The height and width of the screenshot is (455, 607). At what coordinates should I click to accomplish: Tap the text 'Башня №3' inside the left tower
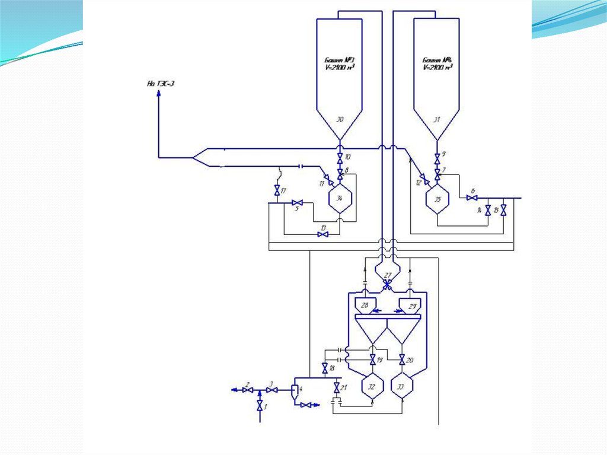(338, 61)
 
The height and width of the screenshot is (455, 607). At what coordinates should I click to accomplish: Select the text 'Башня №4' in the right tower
(437, 61)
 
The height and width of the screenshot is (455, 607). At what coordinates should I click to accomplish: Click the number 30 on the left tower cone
(340, 120)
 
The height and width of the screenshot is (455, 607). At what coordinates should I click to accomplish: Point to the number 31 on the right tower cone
(437, 120)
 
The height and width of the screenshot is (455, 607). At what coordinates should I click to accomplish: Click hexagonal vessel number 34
(340, 198)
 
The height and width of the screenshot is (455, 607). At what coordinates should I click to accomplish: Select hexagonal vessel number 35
(437, 199)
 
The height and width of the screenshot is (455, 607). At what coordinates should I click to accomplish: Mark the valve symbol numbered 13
(323, 234)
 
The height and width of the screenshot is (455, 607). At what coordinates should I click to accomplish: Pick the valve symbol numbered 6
(472, 198)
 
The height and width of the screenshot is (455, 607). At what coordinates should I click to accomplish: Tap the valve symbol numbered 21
(337, 387)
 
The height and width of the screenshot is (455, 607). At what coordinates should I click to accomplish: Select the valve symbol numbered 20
(402, 359)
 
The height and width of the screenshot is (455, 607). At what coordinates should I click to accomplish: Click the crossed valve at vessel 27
(387, 285)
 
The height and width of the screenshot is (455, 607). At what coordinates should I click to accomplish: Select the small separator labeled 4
(295, 390)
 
